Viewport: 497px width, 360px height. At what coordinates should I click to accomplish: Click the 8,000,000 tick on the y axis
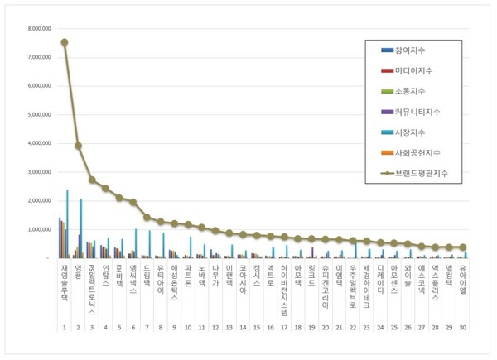40,28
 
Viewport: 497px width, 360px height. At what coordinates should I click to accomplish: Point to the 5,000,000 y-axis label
40,114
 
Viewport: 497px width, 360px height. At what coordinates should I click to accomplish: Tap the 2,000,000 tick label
40,201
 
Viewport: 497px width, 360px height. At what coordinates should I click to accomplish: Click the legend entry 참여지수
412,50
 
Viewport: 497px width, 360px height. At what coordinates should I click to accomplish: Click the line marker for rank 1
65,42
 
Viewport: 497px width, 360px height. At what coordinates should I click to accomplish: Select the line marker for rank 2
78,146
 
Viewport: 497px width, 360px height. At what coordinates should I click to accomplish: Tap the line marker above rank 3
92,180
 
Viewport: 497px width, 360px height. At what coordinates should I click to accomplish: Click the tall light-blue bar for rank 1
67,223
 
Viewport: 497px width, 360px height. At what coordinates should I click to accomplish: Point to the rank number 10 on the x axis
188,328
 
